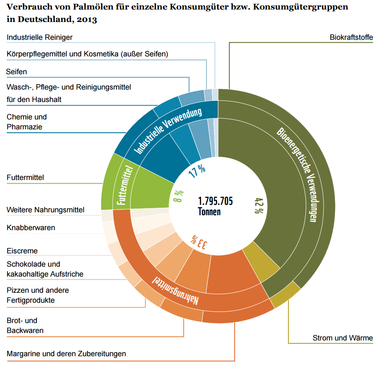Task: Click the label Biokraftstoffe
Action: coord(351,37)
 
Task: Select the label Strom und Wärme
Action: coord(342,338)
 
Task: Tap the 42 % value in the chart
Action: coord(257,206)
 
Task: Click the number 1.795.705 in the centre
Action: coord(216,202)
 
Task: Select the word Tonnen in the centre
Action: coord(209,211)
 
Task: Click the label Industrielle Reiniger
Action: coord(39,37)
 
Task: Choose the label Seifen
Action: coord(17,72)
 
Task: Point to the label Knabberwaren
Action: coord(31,228)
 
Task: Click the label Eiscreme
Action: coord(22,251)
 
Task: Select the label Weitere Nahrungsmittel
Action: coord(46,210)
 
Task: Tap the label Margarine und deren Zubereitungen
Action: coord(66,354)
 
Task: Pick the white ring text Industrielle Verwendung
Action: coord(168,130)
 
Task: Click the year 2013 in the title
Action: coord(87,19)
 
